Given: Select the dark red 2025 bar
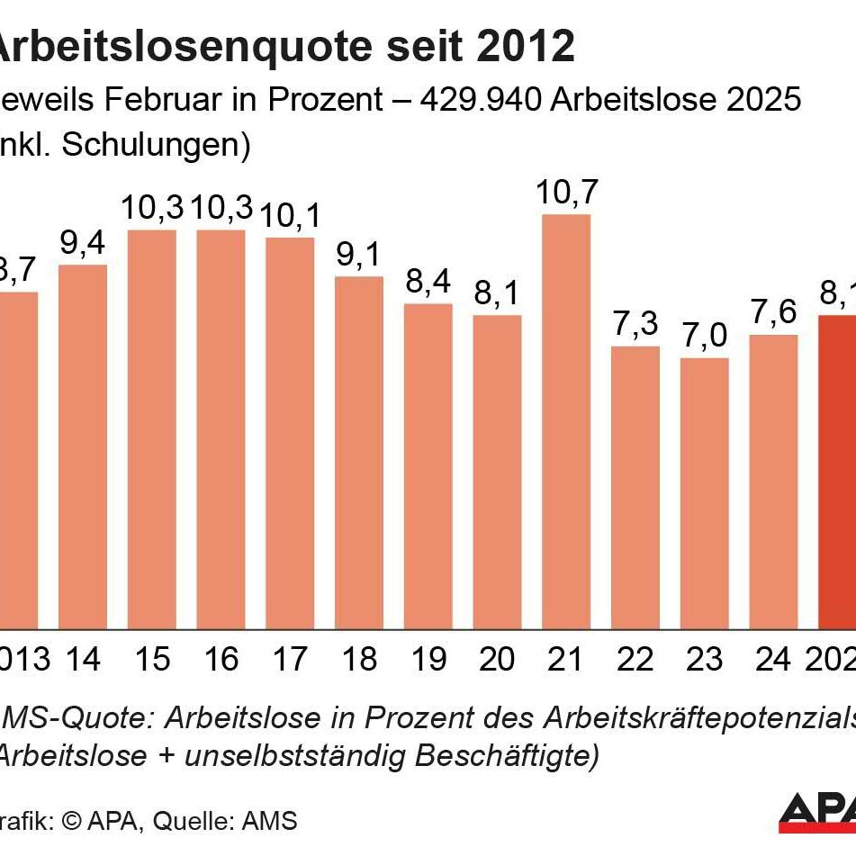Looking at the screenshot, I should (838, 472).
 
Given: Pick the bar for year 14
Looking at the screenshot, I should (83, 446).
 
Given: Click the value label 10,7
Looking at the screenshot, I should (567, 193).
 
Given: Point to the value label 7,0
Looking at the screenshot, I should (704, 337).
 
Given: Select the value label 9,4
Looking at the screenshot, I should (83, 243).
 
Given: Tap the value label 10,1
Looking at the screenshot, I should (290, 216).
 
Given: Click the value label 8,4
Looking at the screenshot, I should (428, 283).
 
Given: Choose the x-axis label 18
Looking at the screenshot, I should (359, 660).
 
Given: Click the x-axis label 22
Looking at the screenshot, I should (635, 660).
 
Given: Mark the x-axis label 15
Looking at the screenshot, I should (151, 660).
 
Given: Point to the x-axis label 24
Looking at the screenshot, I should (772, 660).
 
